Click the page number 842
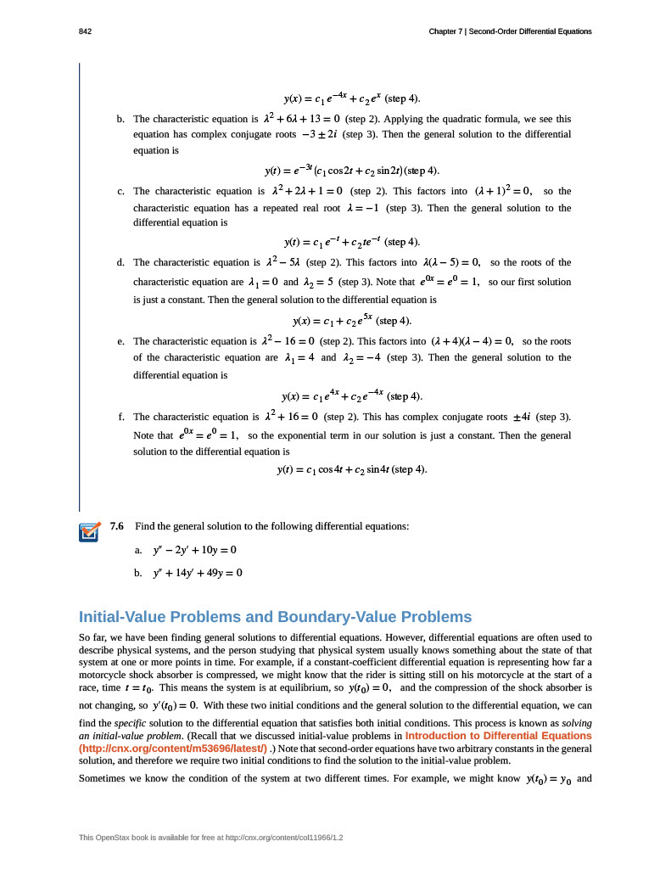point(85,31)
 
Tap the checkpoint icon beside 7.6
point(89,531)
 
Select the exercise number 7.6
point(117,526)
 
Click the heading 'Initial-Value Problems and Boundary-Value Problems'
point(275,616)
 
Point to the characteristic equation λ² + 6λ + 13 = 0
point(303,119)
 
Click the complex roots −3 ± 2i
point(314,134)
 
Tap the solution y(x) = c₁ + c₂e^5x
point(334,321)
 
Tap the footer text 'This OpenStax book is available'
point(145,838)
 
